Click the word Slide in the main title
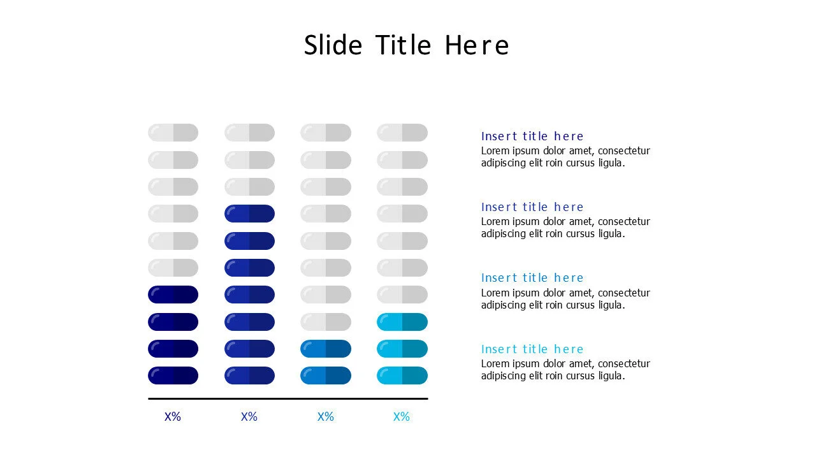click(333, 45)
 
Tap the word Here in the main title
click(476, 45)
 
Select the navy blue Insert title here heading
click(532, 136)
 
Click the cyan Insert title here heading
click(532, 349)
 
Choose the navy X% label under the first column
click(173, 417)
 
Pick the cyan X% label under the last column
click(402, 417)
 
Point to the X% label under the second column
click(249, 417)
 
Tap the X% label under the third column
click(326, 417)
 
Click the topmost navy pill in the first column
click(173, 295)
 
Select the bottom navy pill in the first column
click(173, 375)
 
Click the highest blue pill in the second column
click(249, 214)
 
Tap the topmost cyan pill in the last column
click(402, 322)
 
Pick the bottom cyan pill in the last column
click(402, 375)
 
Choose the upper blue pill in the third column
click(326, 349)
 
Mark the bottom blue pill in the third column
click(326, 375)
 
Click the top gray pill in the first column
click(173, 133)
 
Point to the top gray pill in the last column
click(402, 133)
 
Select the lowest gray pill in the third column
click(326, 322)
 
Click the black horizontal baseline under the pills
click(288, 398)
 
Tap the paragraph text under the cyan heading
click(565, 370)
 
